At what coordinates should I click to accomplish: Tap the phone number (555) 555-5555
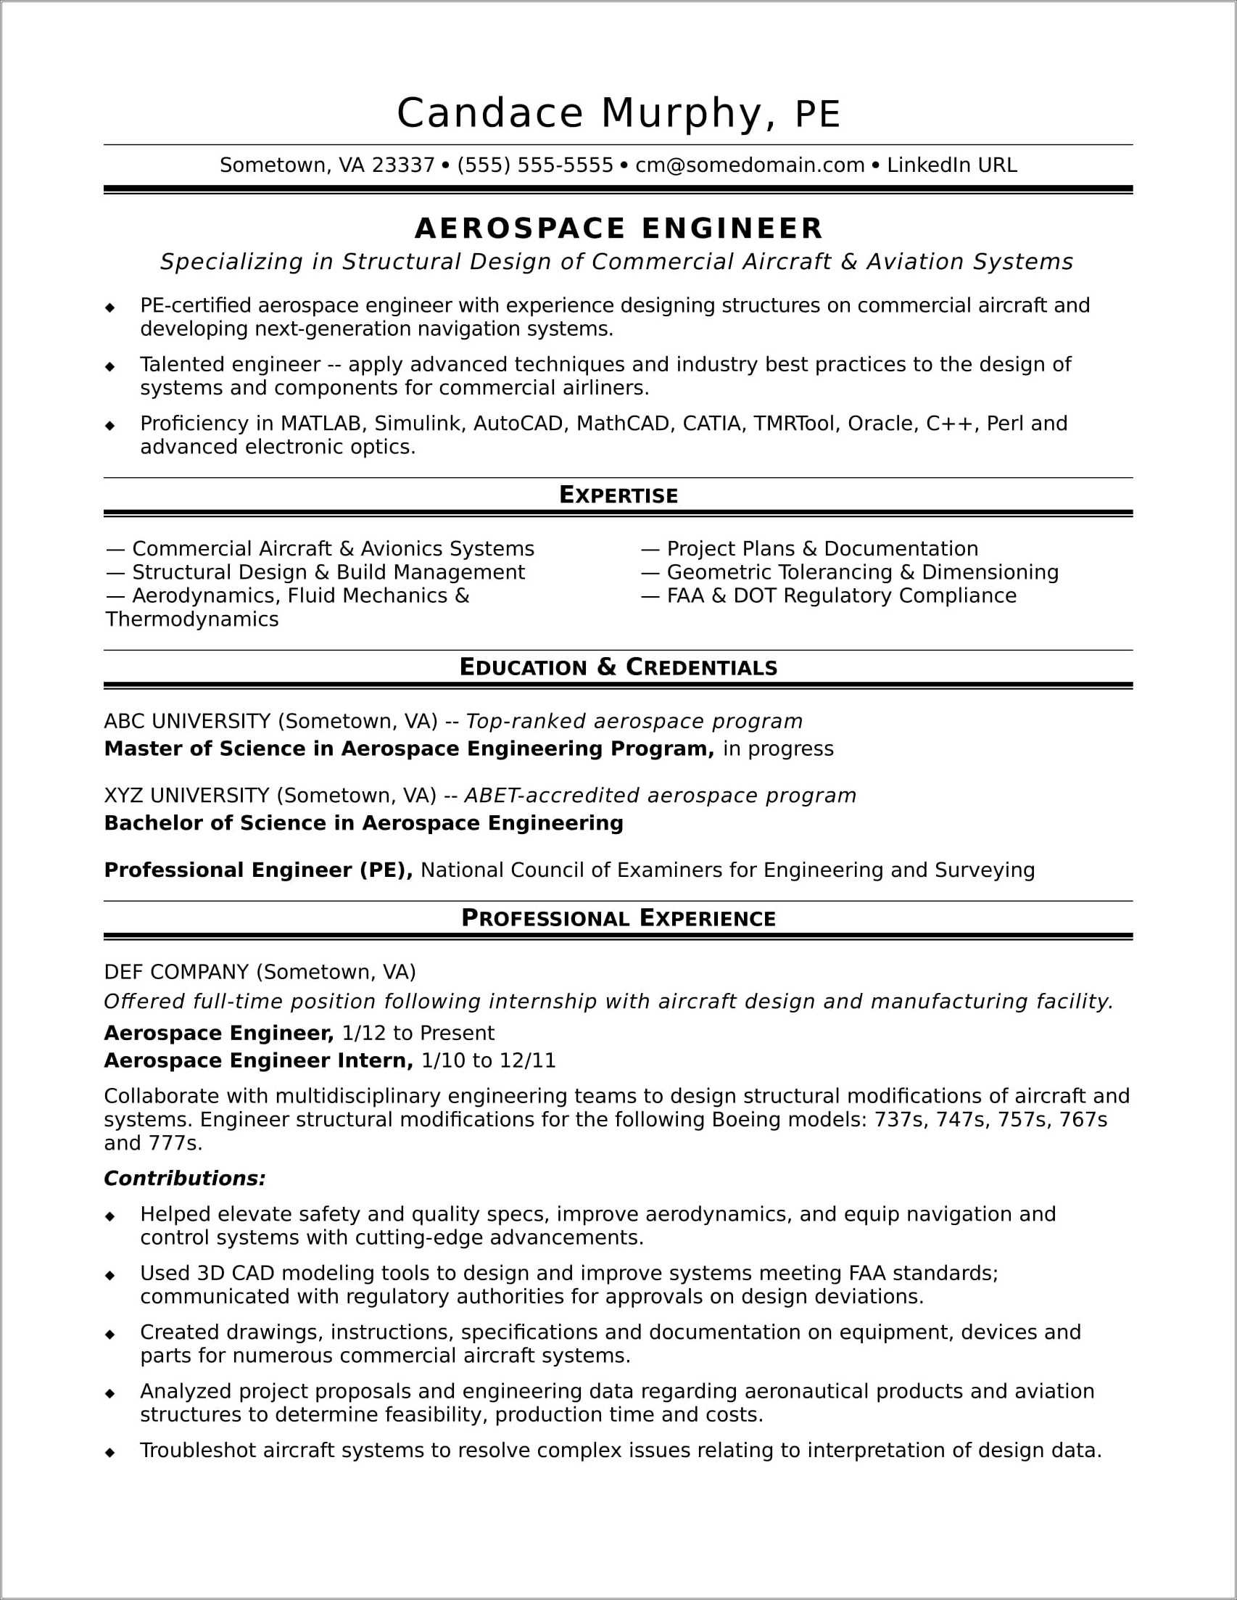pyautogui.click(x=534, y=165)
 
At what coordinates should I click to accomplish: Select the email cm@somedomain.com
pyautogui.click(x=749, y=165)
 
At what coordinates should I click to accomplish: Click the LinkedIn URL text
pyautogui.click(x=951, y=165)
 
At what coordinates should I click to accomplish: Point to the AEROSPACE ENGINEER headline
pyautogui.click(x=619, y=228)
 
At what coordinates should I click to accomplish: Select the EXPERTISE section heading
pyautogui.click(x=619, y=495)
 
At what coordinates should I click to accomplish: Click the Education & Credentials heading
pyautogui.click(x=619, y=667)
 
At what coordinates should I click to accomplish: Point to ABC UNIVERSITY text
pyautogui.click(x=188, y=722)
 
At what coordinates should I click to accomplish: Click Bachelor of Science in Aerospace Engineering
pyautogui.click(x=363, y=822)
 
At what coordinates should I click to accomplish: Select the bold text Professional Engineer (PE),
pyautogui.click(x=259, y=870)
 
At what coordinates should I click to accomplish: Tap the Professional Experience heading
pyautogui.click(x=619, y=919)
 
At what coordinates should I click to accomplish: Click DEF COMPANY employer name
pyautogui.click(x=176, y=972)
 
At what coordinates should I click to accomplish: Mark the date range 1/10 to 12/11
pyautogui.click(x=489, y=1060)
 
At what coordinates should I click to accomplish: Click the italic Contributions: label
pyautogui.click(x=185, y=1179)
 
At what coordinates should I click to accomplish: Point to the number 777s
pyautogui.click(x=175, y=1144)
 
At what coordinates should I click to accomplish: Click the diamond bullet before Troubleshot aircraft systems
pyautogui.click(x=111, y=1451)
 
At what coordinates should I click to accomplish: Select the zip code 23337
pyautogui.click(x=404, y=165)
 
